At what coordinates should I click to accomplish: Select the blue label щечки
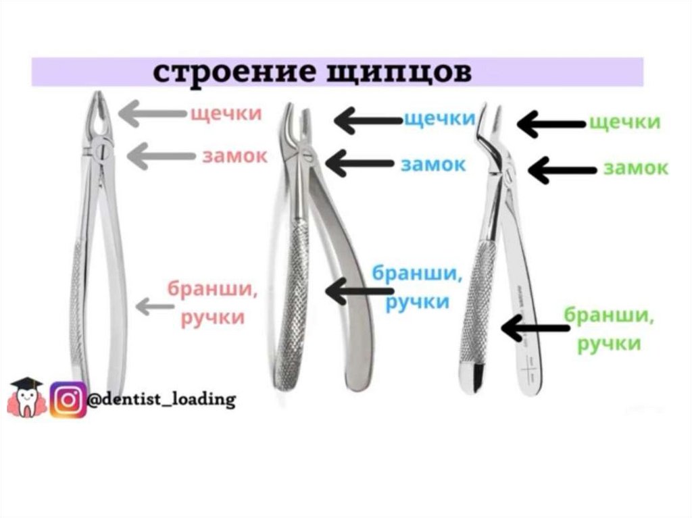click(439, 120)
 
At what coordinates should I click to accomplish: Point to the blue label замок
click(432, 164)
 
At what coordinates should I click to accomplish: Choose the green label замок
click(635, 168)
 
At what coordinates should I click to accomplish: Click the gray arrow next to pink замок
click(160, 155)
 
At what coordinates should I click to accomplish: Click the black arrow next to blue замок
click(358, 163)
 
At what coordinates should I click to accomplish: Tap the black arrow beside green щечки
click(550, 124)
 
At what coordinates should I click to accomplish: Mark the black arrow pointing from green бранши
click(537, 329)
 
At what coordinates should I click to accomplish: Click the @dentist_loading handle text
click(162, 399)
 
